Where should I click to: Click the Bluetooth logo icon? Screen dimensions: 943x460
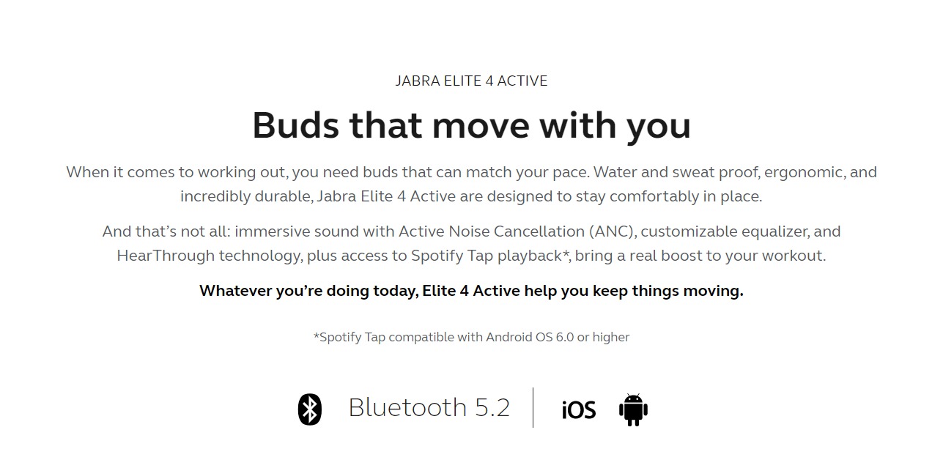click(x=310, y=409)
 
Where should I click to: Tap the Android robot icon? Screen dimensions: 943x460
click(x=633, y=409)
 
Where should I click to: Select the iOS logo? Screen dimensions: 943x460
click(x=579, y=410)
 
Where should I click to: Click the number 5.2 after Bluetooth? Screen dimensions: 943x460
click(x=492, y=407)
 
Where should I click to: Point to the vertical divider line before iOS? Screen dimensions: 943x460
click(x=533, y=407)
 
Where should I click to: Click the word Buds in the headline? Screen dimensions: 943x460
click(x=295, y=125)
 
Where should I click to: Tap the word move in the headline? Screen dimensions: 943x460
click(x=481, y=125)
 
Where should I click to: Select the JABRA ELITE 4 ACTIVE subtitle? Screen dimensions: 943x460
click(x=472, y=81)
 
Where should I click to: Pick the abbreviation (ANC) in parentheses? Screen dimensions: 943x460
click(x=613, y=231)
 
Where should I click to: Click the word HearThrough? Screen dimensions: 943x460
click(x=166, y=256)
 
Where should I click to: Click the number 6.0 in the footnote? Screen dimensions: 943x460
click(x=564, y=337)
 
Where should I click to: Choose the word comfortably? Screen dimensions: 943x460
click(x=654, y=196)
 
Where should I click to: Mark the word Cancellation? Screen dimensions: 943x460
click(x=539, y=231)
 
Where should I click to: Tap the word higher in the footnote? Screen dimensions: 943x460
click(x=611, y=337)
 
